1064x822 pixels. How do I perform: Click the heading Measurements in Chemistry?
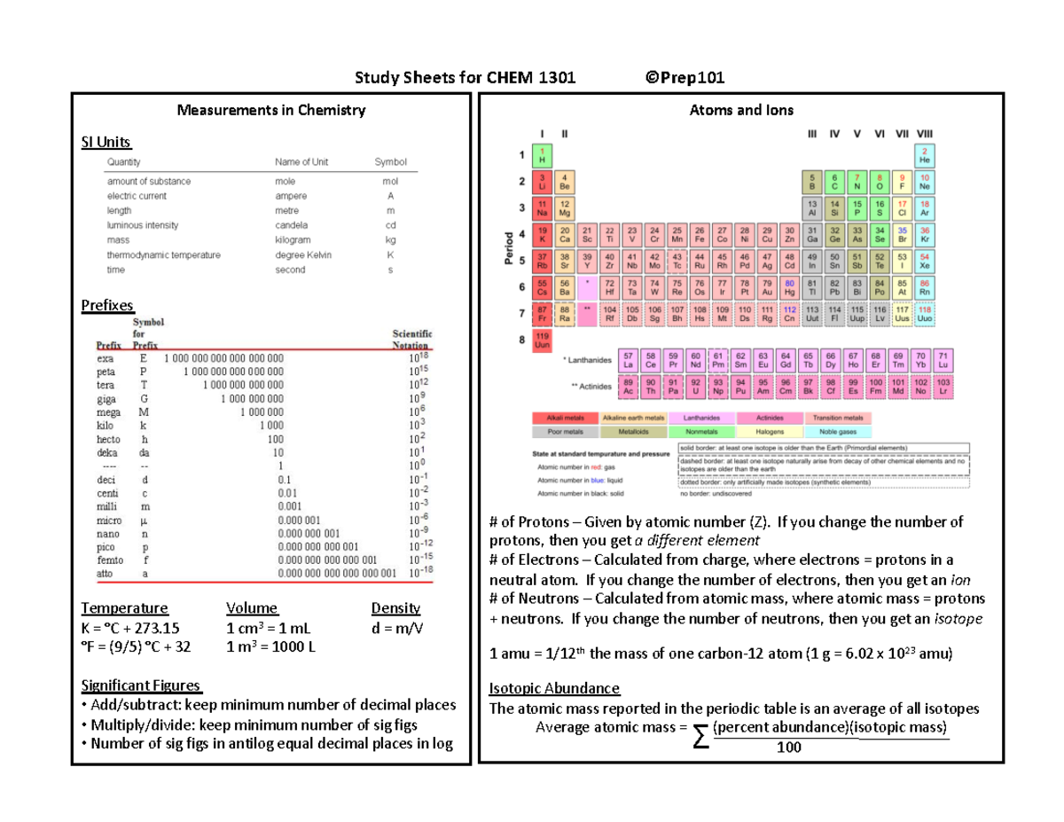pyautogui.click(x=270, y=111)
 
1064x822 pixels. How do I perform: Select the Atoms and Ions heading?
pyautogui.click(x=741, y=111)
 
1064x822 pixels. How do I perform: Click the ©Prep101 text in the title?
pyautogui.click(x=685, y=78)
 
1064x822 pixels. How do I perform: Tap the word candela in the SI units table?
pyautogui.click(x=292, y=225)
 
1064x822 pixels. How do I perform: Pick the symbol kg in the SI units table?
pyautogui.click(x=390, y=240)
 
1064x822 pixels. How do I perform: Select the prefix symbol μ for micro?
pyautogui.click(x=145, y=520)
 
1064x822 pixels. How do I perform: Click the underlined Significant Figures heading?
pyautogui.click(x=141, y=685)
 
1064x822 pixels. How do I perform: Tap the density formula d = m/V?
pyautogui.click(x=397, y=628)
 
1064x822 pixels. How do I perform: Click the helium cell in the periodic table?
pyautogui.click(x=924, y=157)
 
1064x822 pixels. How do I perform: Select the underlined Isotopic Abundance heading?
pyautogui.click(x=554, y=689)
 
